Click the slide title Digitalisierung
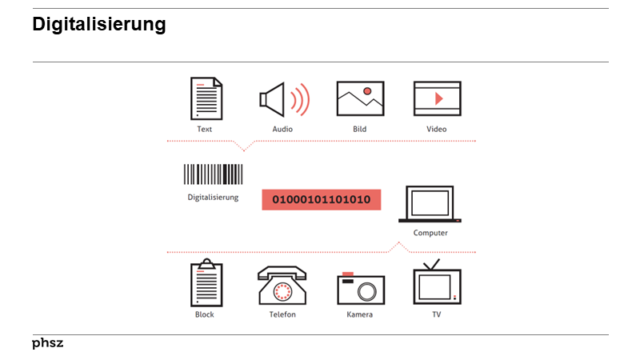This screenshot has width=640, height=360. pos(98,25)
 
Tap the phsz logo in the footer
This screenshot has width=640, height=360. pos(47,343)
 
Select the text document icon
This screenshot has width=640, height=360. pos(206,98)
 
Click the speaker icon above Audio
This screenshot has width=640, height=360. pos(274,99)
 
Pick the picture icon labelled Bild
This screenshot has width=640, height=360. pos(360,99)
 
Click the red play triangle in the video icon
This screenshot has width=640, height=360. pos(438,98)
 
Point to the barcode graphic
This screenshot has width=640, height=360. pos(213,174)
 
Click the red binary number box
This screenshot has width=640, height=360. pos(321,199)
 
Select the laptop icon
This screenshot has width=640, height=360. pos(430,204)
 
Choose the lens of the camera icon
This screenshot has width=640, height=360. pos(366,290)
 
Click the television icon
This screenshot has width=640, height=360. pos(437,284)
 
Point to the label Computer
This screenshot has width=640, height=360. pos(430,233)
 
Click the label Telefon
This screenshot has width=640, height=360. pos(282,314)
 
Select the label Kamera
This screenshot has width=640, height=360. pos(359,314)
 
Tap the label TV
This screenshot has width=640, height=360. pos(437,314)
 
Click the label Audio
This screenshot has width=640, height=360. pos(282,129)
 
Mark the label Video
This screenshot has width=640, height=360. pos(437,129)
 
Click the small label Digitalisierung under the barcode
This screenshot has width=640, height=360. pos(213,197)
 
